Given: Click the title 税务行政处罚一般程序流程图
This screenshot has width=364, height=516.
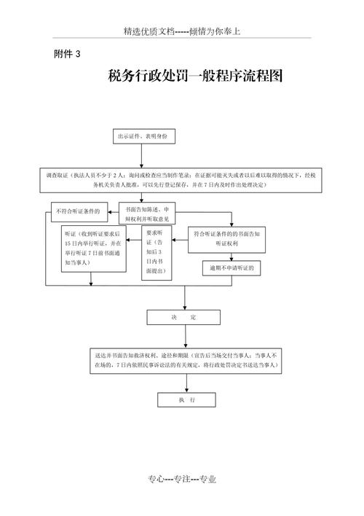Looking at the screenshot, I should coord(194,76).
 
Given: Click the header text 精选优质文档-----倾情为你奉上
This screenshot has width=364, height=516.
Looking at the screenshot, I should coord(182,31).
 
